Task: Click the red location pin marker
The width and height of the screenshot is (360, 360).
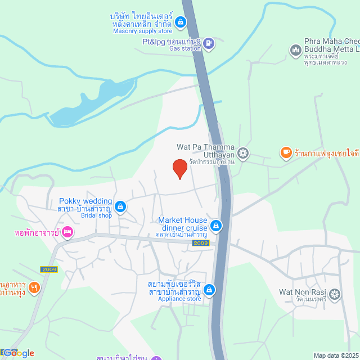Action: (x=179, y=168)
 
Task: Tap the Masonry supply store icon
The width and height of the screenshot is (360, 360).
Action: (x=181, y=22)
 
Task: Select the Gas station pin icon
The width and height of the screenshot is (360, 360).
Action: (x=209, y=43)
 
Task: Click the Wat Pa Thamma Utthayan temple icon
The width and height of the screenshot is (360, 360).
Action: (x=243, y=152)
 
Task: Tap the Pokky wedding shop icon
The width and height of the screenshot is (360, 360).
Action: (x=120, y=206)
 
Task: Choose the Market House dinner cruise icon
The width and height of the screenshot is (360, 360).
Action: (x=215, y=226)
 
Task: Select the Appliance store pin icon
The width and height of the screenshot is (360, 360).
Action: (x=209, y=290)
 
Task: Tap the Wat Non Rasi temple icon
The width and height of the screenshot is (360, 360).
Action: (x=335, y=294)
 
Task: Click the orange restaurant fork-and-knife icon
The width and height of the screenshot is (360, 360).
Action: (x=34, y=287)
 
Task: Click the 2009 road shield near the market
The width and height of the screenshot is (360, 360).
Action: (x=201, y=243)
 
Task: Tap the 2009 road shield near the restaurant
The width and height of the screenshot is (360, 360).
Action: (x=49, y=269)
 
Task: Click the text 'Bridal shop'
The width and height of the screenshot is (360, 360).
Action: (x=97, y=215)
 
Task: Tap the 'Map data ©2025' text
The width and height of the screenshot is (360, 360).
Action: (x=336, y=355)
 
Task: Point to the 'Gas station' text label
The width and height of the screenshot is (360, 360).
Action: (x=185, y=49)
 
